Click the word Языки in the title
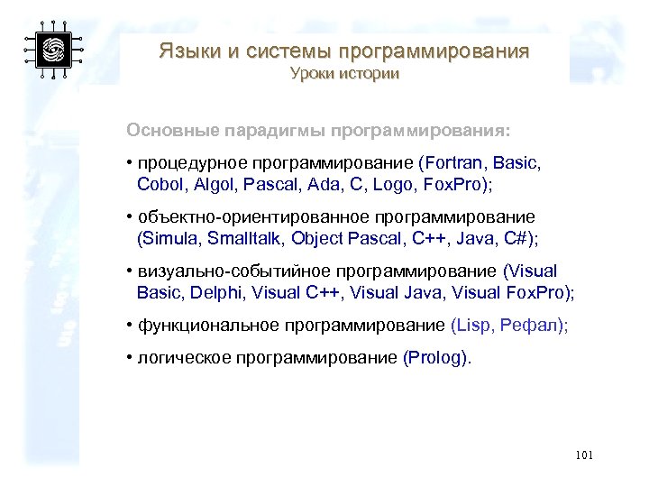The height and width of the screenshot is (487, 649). pos(189,51)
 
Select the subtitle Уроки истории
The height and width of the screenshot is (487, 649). pos(344,74)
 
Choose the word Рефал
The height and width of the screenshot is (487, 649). pos(535,326)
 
